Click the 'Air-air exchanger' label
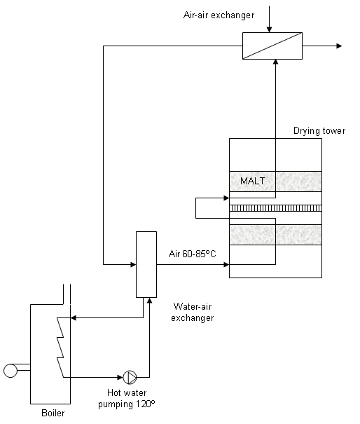click(219, 15)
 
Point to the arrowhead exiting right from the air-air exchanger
click(339, 46)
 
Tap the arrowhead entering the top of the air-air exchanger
click(269, 29)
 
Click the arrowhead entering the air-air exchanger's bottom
click(275, 62)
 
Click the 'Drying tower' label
click(319, 131)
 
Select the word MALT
click(252, 181)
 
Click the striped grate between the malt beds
click(275, 208)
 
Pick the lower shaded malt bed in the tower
click(275, 235)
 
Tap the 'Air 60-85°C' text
click(192, 254)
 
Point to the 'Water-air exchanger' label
click(193, 312)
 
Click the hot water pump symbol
click(130, 377)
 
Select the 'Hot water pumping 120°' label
click(127, 398)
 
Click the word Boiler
click(53, 413)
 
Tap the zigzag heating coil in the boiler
click(60, 348)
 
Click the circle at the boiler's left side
click(11, 371)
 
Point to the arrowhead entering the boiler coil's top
click(74, 318)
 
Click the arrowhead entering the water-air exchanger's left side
click(133, 264)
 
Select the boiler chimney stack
click(67, 294)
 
